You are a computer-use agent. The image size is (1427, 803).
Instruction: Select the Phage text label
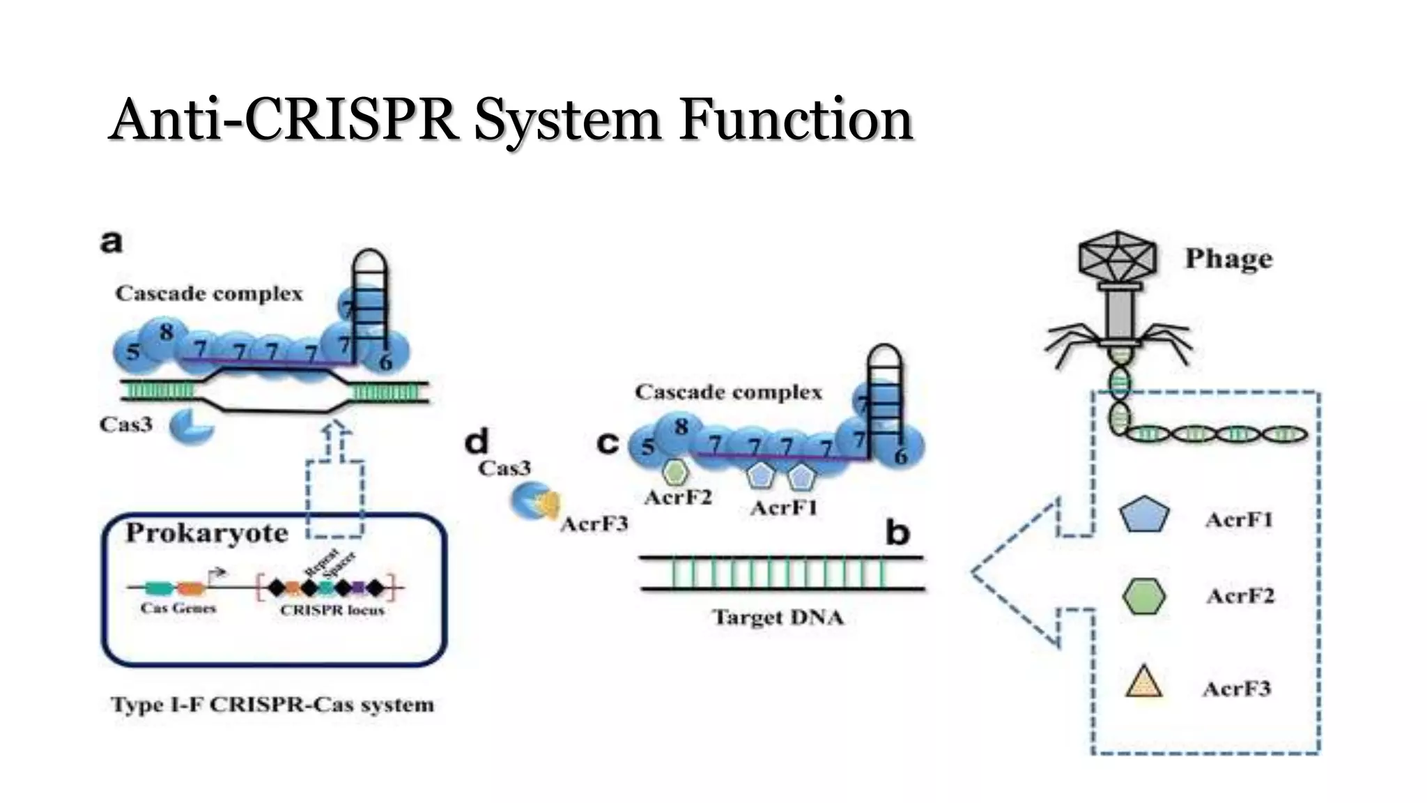click(1228, 259)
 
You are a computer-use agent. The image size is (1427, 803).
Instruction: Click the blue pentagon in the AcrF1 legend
click(1144, 517)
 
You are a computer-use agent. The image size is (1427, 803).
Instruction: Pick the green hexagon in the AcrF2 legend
click(1144, 597)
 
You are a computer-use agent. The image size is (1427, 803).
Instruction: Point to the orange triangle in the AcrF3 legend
click(1143, 683)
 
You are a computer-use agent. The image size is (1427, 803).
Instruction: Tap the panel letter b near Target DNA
click(897, 533)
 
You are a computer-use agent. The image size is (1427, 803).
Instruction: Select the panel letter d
click(477, 441)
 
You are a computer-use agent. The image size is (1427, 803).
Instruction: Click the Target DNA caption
click(778, 618)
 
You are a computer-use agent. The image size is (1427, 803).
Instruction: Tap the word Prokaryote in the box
click(207, 533)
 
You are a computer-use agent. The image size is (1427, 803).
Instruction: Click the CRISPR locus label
click(332, 610)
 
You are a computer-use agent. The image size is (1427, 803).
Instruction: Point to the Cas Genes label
click(178, 608)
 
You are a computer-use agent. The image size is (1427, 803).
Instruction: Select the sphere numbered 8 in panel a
click(165, 334)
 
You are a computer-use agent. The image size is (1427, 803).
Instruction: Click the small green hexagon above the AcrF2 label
click(674, 472)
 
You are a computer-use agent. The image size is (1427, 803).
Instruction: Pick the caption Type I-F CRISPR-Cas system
click(272, 705)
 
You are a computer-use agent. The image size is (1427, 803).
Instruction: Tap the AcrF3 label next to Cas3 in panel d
click(594, 523)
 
